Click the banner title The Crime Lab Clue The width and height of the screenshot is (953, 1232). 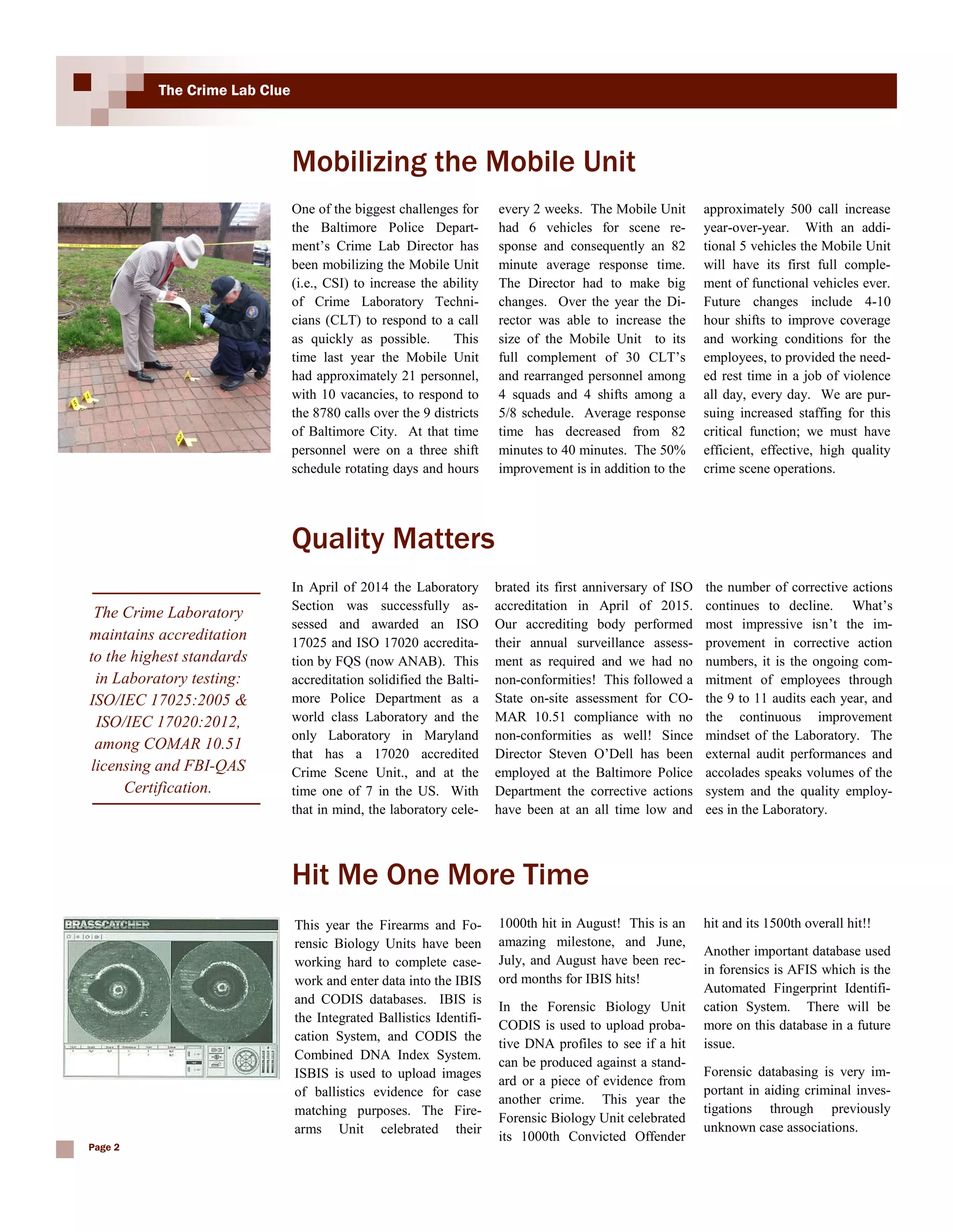pyautogui.click(x=224, y=90)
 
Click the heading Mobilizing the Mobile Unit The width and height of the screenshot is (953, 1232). pyautogui.click(x=463, y=161)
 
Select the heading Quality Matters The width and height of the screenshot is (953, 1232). pyautogui.click(x=393, y=538)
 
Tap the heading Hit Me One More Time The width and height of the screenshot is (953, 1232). pyautogui.click(x=440, y=874)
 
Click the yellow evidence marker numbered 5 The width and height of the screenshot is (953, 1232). pyautogui.click(x=74, y=403)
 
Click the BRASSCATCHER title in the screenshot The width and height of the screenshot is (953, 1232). pyautogui.click(x=107, y=925)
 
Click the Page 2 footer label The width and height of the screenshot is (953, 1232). pyautogui.click(x=104, y=1147)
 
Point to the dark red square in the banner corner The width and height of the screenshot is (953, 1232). pyautogui.click(x=82, y=82)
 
